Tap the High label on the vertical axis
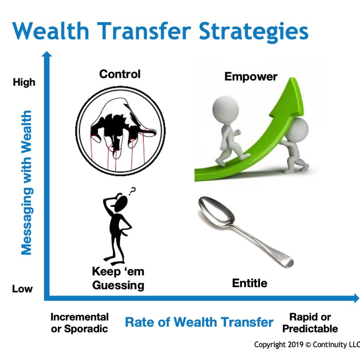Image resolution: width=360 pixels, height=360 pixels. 24,82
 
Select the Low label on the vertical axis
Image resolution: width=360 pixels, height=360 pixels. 22,289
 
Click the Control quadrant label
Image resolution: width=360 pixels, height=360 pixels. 120,74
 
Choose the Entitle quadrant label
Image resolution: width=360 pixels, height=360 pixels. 249,283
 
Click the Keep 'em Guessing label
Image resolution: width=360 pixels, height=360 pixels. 118,278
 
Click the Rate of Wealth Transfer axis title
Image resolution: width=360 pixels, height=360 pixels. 199,322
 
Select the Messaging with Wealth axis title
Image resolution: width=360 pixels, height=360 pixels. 26,183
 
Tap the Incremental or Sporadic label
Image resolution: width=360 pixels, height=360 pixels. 80,323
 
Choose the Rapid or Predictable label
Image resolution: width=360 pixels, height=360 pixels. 310,323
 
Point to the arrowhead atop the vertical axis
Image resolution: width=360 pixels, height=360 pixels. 47,54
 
